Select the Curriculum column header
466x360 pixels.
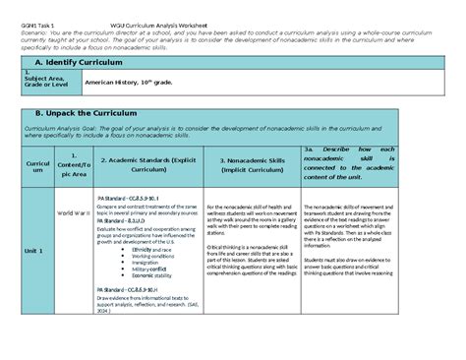click(34, 166)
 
